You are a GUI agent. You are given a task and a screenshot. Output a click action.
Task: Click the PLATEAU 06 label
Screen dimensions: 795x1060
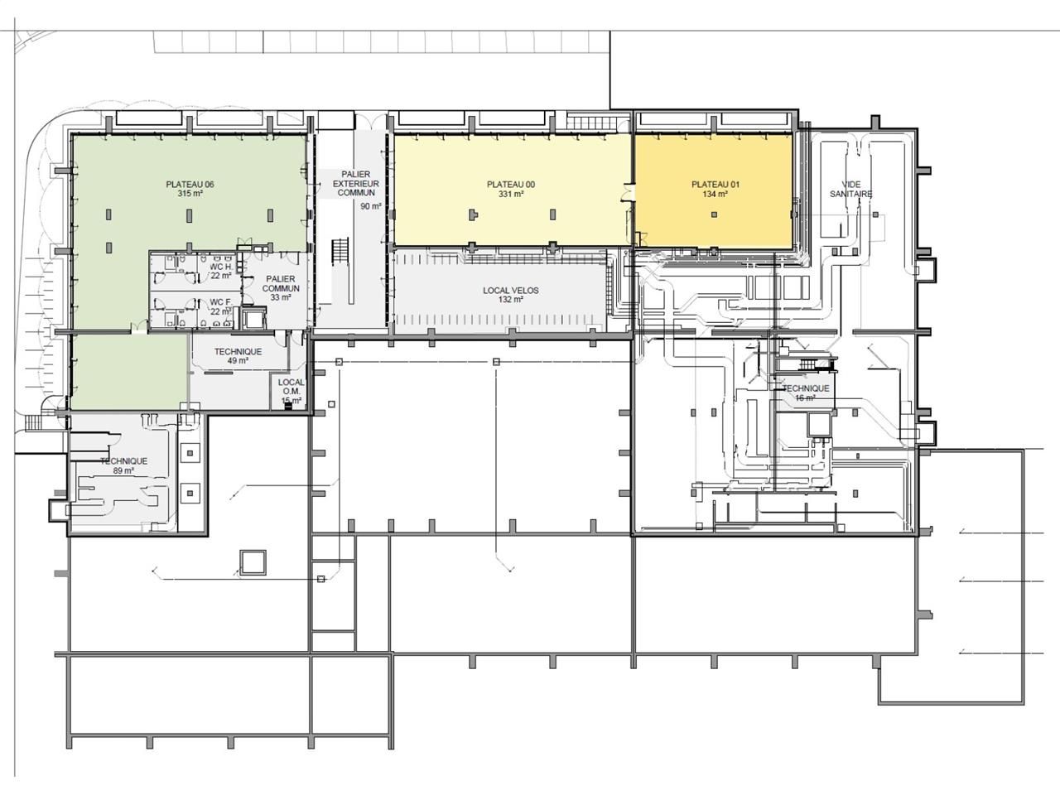[x=190, y=184]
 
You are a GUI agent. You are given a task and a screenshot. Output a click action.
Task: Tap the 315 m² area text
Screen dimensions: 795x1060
[x=190, y=194]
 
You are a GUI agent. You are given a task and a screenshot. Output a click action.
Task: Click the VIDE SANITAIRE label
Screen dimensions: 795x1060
[x=851, y=189]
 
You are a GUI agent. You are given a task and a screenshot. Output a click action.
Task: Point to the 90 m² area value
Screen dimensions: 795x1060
[x=370, y=206]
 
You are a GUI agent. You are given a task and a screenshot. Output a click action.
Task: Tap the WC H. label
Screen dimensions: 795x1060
[x=220, y=267]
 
